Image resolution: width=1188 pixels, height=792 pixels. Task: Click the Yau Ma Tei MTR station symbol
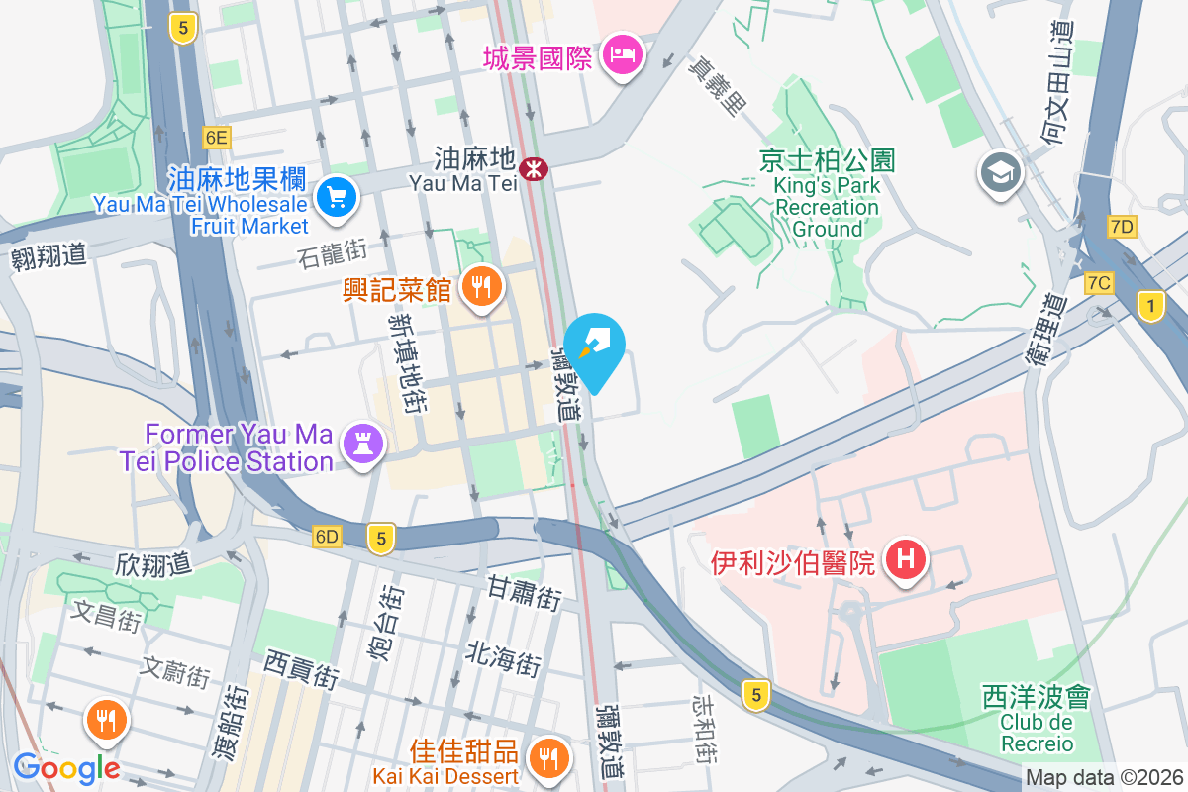(x=535, y=169)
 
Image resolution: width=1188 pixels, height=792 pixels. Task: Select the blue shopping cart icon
(x=337, y=198)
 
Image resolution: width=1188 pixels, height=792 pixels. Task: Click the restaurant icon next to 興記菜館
(x=482, y=287)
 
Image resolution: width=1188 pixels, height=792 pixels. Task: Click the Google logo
(x=66, y=767)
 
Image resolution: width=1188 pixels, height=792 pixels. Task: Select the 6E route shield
(x=216, y=137)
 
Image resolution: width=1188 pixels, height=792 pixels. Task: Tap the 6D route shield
(x=327, y=537)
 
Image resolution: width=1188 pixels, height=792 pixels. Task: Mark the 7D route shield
(x=1122, y=227)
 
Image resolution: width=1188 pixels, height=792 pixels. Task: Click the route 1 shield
(x=1150, y=307)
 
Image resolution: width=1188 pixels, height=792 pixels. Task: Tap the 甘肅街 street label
(x=525, y=594)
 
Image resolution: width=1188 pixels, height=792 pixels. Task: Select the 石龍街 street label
(x=333, y=258)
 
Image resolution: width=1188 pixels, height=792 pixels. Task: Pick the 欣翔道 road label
(x=152, y=565)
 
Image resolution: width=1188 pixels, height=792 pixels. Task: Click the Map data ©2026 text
(x=1103, y=778)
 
